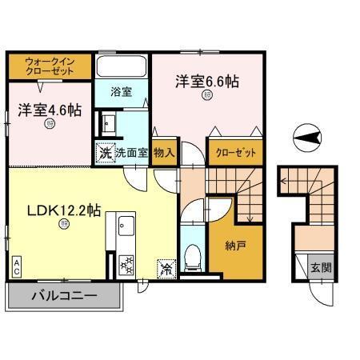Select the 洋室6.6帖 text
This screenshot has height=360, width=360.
click(x=207, y=82)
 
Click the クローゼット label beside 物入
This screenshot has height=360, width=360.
click(x=230, y=150)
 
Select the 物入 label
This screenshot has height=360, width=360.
click(x=163, y=150)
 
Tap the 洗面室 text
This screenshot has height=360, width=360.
click(x=131, y=151)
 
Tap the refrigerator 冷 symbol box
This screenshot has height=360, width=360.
click(x=165, y=267)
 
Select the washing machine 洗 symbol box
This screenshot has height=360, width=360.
click(x=105, y=151)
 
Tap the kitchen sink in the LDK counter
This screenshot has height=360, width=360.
click(x=124, y=227)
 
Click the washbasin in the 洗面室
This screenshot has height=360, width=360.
click(x=106, y=124)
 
